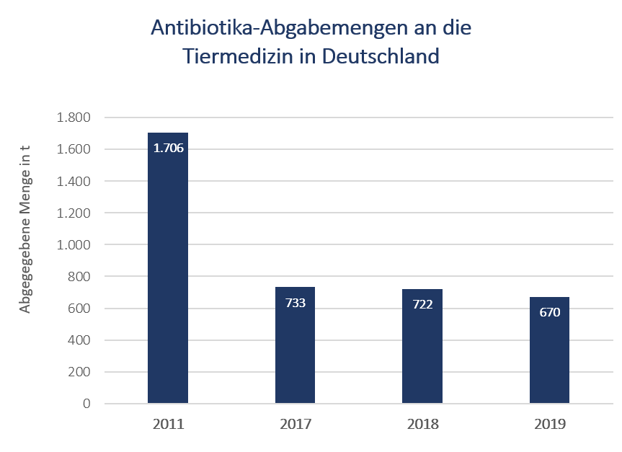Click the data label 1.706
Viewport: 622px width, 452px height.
pyautogui.click(x=168, y=149)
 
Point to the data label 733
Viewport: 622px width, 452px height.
pyautogui.click(x=295, y=303)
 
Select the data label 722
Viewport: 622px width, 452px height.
pyautogui.click(x=422, y=304)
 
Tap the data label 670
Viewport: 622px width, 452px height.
pyautogui.click(x=549, y=313)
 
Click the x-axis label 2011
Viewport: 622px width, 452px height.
pyautogui.click(x=168, y=424)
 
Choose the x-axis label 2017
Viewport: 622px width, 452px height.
pyautogui.click(x=295, y=424)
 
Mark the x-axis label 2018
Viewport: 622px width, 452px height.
pyautogui.click(x=422, y=424)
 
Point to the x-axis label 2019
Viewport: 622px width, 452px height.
pyautogui.click(x=549, y=424)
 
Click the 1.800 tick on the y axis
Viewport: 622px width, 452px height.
pyautogui.click(x=74, y=118)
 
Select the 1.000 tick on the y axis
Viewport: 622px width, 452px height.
pyautogui.click(x=74, y=244)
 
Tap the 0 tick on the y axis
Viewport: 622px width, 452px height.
pyautogui.click(x=86, y=404)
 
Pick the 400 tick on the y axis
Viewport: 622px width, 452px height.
pyautogui.click(x=79, y=340)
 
